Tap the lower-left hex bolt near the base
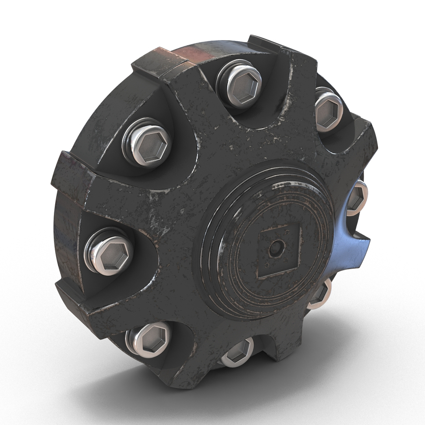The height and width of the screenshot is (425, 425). [150, 338]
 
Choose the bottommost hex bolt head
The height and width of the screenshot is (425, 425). [237, 351]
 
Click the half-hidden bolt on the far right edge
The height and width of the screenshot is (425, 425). [357, 198]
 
